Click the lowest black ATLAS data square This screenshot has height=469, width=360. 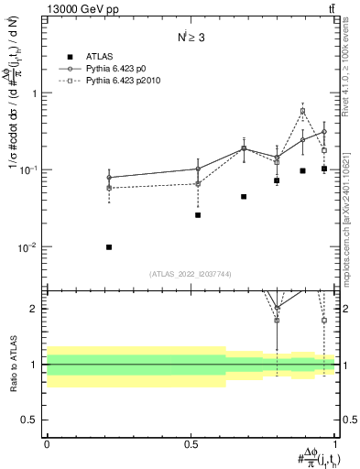coord(109,247)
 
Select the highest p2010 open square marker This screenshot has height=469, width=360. coord(302,112)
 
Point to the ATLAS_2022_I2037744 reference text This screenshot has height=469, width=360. coord(191,274)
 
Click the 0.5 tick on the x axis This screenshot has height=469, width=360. coord(191,444)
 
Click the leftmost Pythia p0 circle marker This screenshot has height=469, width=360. coord(109,178)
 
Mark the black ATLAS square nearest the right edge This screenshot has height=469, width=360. coord(324,169)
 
